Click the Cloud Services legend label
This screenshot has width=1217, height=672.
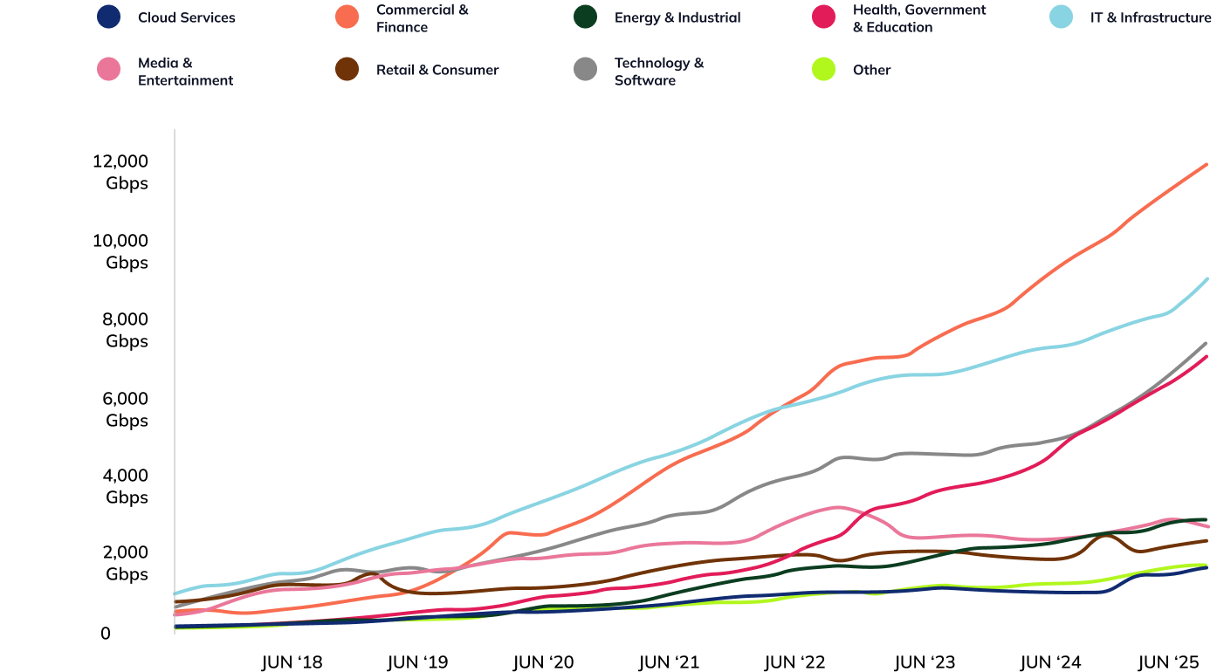[x=186, y=17]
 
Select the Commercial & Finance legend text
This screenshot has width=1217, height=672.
[x=422, y=18]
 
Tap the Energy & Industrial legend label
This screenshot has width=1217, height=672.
[x=677, y=17]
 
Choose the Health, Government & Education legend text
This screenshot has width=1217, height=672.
[x=918, y=18]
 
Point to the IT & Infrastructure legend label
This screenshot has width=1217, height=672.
[x=1150, y=17]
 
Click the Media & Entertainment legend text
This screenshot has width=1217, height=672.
[x=185, y=72]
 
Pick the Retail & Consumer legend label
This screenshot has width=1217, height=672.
[x=437, y=70]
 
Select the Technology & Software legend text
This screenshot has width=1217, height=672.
[x=659, y=72]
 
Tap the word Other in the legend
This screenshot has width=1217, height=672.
[x=871, y=70]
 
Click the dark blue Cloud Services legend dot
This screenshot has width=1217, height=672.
[x=109, y=17]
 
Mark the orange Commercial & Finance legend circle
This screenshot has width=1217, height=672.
[x=347, y=17]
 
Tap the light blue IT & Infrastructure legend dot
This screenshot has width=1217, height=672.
[x=1061, y=17]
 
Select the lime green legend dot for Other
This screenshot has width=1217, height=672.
[x=824, y=69]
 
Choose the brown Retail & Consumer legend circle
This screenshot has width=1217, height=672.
[x=347, y=69]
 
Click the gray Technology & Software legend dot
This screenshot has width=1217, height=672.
[x=586, y=69]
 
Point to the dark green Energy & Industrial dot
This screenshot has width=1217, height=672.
[x=586, y=17]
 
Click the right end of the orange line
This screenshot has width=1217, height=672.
[x=1206, y=165]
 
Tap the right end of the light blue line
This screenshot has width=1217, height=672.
[x=1206, y=279]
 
